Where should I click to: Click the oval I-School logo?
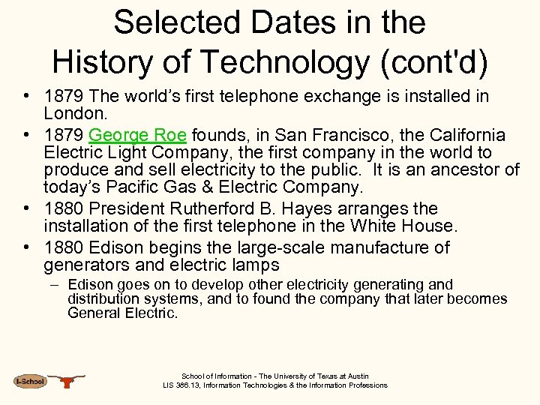[x=30, y=381]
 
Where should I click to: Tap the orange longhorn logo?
[x=69, y=381]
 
